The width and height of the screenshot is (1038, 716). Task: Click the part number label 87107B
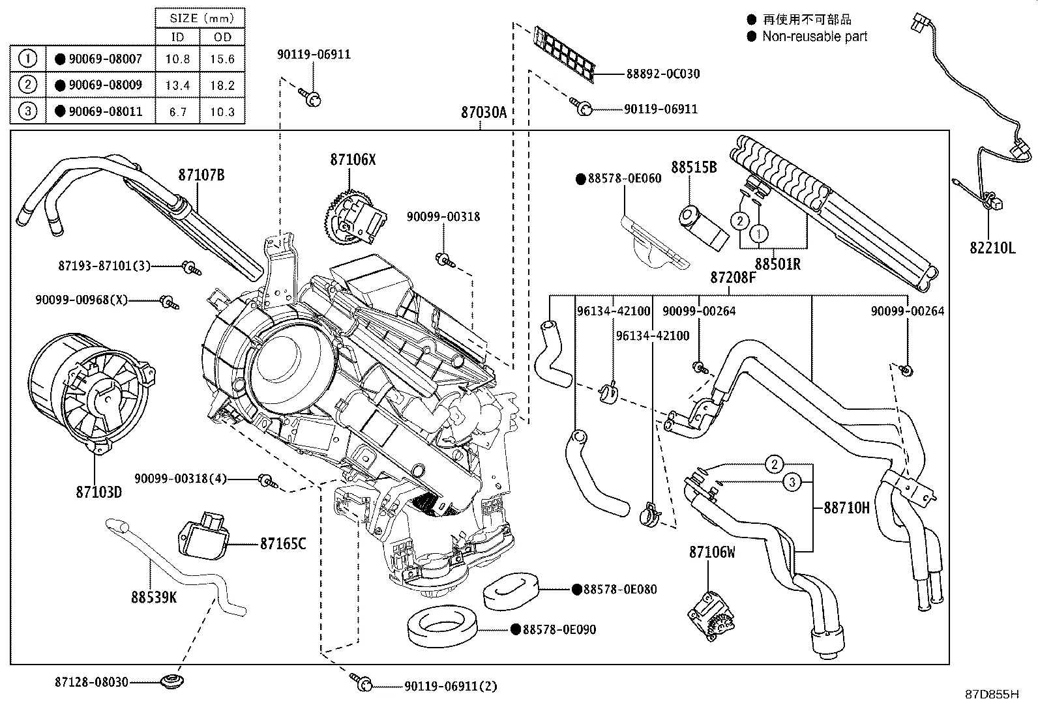click(x=201, y=175)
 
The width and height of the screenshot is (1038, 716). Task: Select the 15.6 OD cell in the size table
click(x=222, y=59)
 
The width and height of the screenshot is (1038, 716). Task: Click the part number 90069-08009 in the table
click(x=105, y=85)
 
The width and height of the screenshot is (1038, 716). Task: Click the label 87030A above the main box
click(x=484, y=112)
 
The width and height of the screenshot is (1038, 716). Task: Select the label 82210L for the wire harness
click(x=992, y=247)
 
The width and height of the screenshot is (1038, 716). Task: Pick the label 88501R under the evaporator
click(x=778, y=265)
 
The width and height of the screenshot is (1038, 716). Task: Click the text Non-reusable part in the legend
click(x=815, y=36)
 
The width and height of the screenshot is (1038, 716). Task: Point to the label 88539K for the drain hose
click(x=154, y=597)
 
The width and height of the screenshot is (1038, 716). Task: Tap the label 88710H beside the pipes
click(x=846, y=508)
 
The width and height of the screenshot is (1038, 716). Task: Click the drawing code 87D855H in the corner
click(x=992, y=695)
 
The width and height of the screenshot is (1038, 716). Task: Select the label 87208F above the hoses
click(x=733, y=278)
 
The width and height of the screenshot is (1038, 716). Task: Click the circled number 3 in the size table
click(x=27, y=111)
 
